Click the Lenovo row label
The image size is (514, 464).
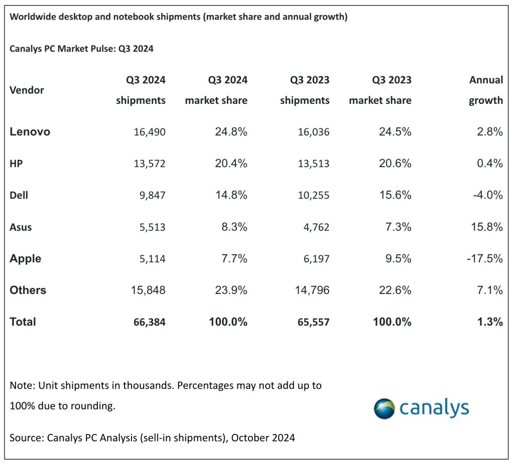[x=30, y=132]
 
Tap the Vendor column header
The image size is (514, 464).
[x=27, y=90]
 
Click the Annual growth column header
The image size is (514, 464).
[x=485, y=90]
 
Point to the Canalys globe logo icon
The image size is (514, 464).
[x=384, y=409]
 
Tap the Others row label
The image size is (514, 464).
[x=28, y=290]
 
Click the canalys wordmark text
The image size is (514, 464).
[x=434, y=408]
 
